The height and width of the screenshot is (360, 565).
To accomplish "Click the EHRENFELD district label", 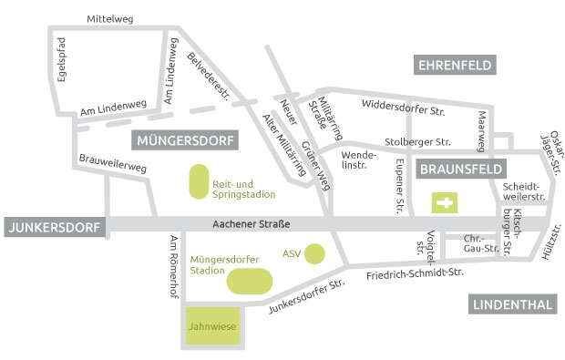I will [x=456, y=65].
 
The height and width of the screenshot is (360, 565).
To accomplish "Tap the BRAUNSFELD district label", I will [x=461, y=170].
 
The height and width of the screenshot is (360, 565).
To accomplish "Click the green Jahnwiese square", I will [x=213, y=325].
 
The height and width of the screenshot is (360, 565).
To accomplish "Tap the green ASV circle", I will [x=314, y=252].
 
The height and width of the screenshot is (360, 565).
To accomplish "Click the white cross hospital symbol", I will [x=446, y=202].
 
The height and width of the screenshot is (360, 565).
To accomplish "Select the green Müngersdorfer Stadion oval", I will [x=249, y=281].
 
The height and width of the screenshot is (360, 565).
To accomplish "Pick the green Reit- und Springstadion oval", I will [x=198, y=181].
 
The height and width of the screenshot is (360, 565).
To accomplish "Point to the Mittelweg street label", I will [x=108, y=18].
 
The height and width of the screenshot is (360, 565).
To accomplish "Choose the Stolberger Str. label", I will [x=418, y=142].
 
